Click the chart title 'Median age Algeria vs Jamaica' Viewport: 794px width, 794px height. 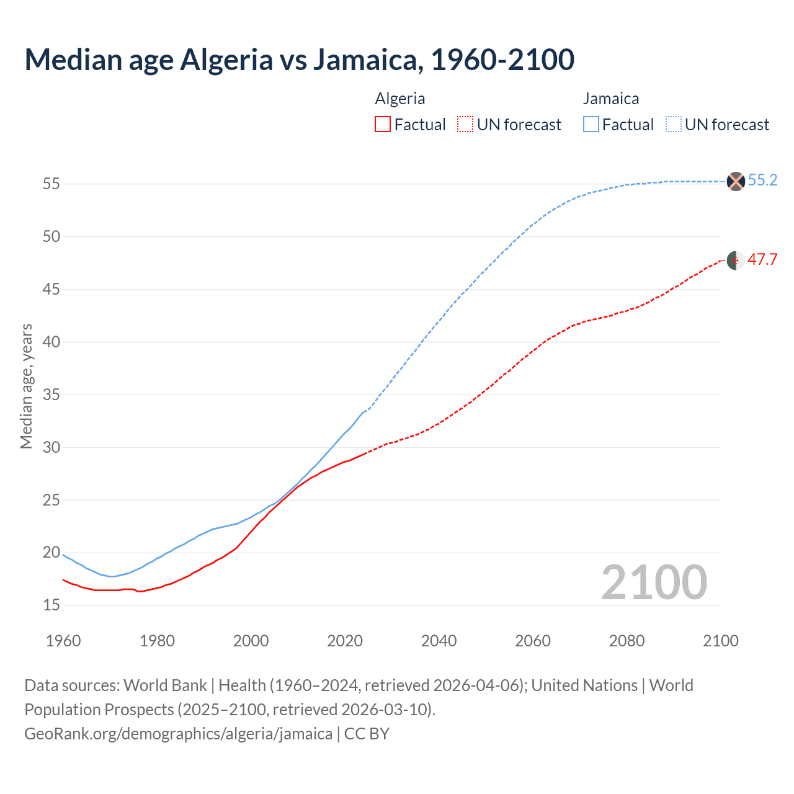coord(299,60)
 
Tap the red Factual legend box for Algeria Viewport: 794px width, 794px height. coord(383,125)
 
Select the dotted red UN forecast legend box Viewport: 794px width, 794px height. coord(465,125)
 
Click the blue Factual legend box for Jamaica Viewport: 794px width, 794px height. coord(591,125)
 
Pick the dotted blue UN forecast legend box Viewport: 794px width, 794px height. coord(674,125)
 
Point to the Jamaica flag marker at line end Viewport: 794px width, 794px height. coord(735,181)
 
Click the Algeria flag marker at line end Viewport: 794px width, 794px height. coord(735,261)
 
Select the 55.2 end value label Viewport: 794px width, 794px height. coord(762,181)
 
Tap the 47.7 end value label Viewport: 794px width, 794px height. coord(762,260)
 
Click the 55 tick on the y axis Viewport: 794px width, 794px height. coord(51,184)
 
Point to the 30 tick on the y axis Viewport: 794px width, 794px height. coord(51,447)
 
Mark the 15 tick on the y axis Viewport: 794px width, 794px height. coord(51,605)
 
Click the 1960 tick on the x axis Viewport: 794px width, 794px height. coord(63,641)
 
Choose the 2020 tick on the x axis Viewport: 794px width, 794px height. coord(345,641)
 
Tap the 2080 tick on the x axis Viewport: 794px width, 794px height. coord(627,641)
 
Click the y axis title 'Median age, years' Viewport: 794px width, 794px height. coord(26,386)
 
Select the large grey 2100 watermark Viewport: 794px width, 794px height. coord(654,582)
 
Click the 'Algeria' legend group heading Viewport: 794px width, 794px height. coord(400,99)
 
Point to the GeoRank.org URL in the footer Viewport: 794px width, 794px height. coord(178,734)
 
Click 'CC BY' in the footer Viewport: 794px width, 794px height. coord(367,734)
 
